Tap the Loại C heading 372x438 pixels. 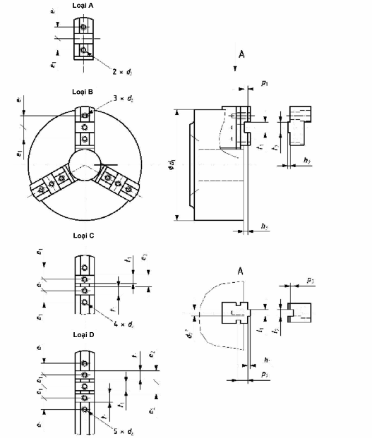pos(85,236)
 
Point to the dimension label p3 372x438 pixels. pos(310,281)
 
